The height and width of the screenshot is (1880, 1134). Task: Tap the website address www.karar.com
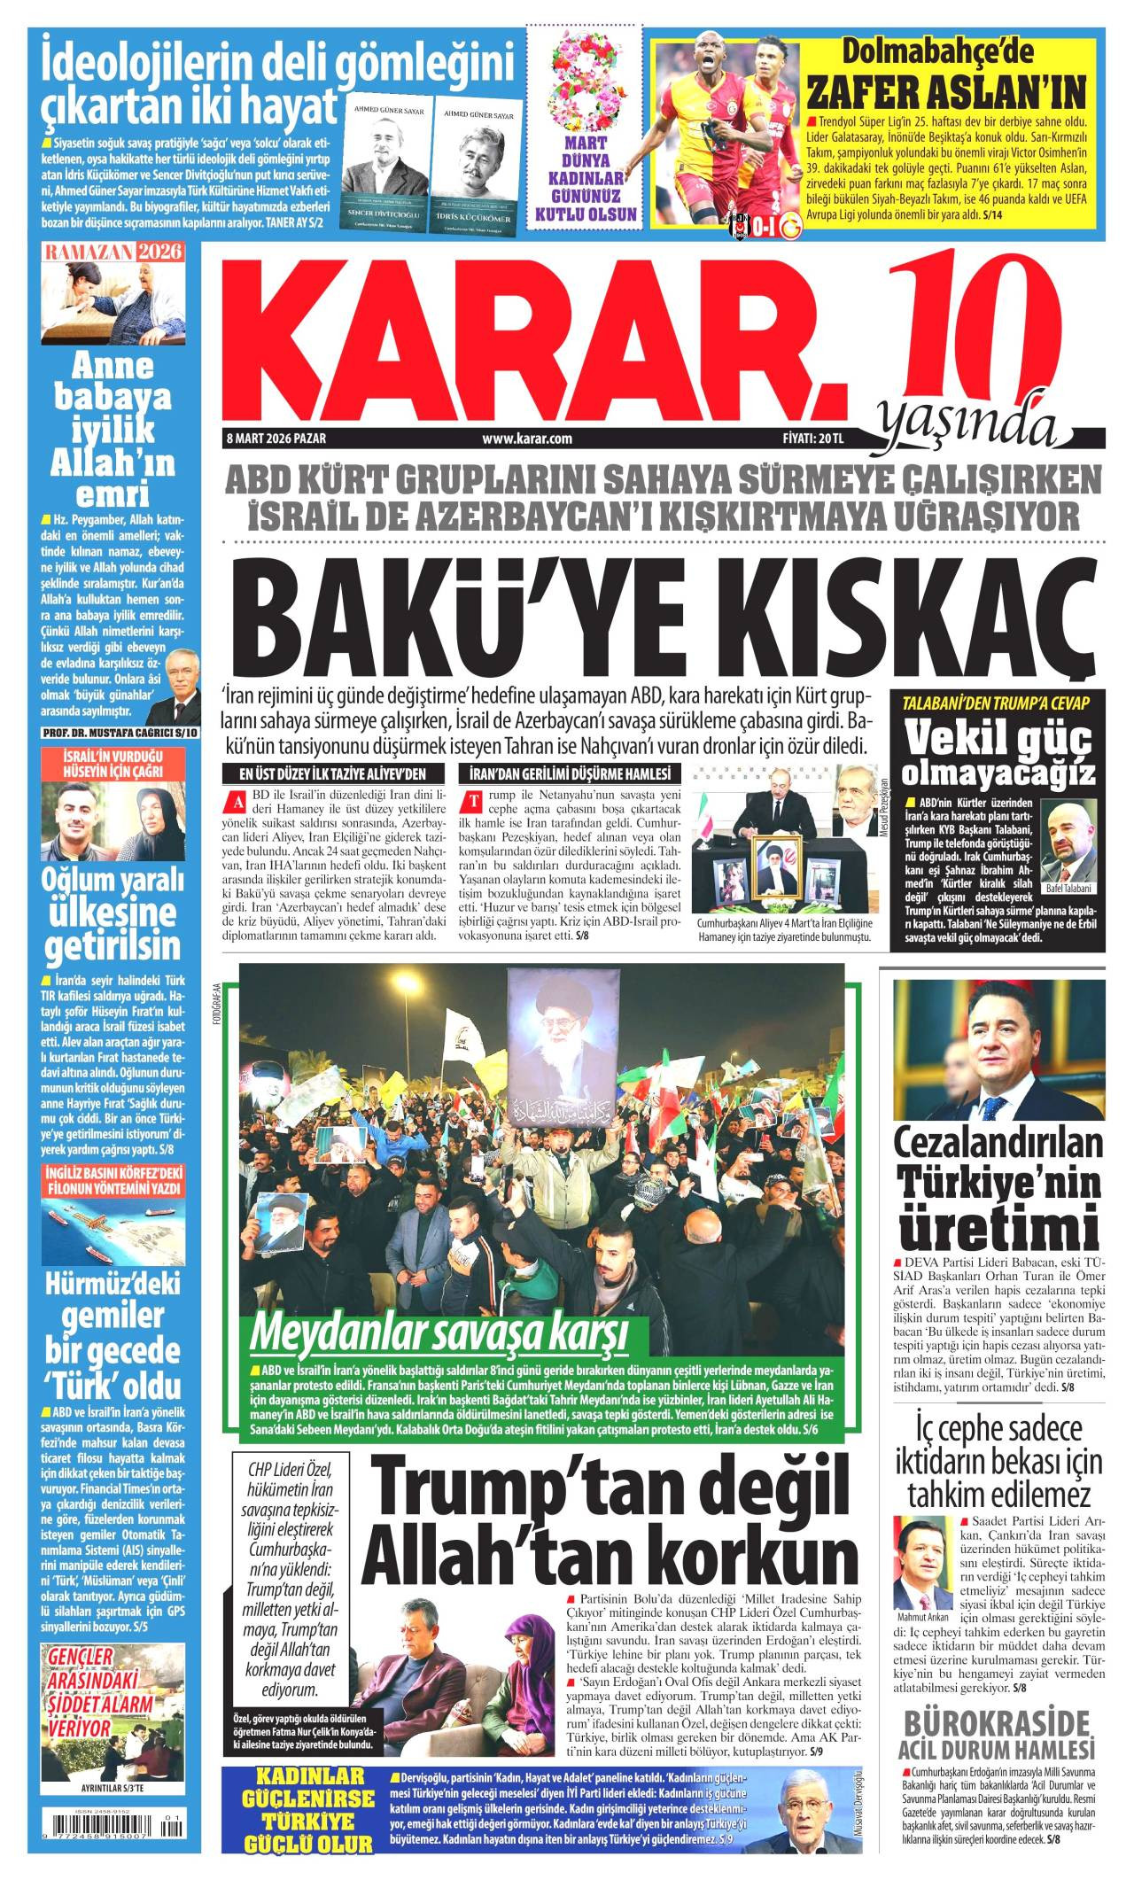tap(526, 439)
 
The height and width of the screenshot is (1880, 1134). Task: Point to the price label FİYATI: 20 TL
tap(808, 439)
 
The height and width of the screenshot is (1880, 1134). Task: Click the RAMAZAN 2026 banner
tap(113, 252)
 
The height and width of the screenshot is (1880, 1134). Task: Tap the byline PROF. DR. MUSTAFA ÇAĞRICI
tap(122, 733)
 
